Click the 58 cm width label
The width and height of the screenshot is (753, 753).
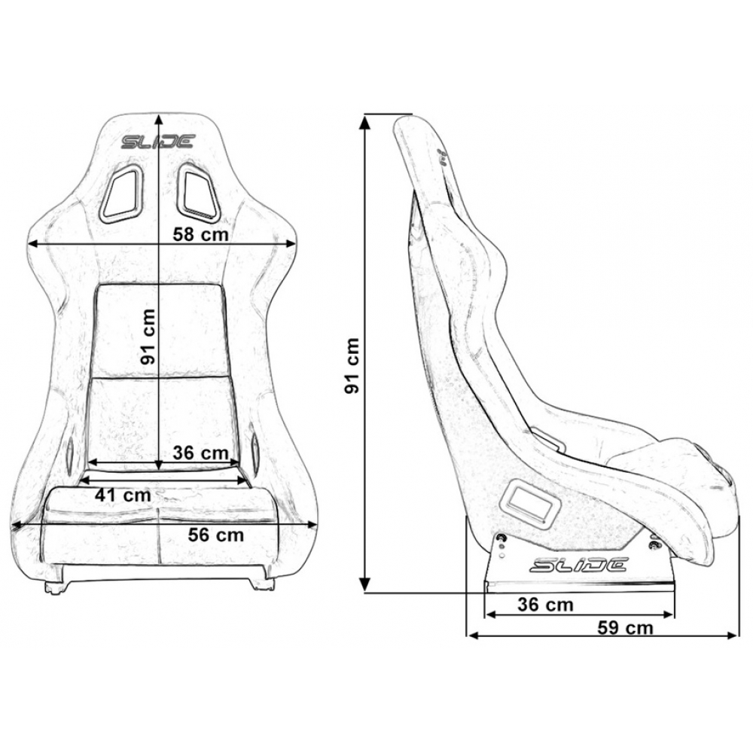pyautogui.click(x=200, y=234)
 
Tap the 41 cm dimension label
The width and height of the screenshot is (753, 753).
pyautogui.click(x=123, y=495)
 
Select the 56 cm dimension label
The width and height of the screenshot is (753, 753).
pyautogui.click(x=215, y=535)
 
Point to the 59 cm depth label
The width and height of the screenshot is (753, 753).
pyautogui.click(x=625, y=628)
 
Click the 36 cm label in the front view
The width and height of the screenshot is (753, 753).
pyautogui.click(x=200, y=453)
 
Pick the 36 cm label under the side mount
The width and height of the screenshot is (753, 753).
pyautogui.click(x=545, y=605)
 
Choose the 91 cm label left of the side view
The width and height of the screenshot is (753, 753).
pyautogui.click(x=352, y=365)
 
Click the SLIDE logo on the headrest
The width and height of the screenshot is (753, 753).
pyautogui.click(x=158, y=142)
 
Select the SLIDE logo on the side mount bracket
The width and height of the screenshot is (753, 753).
pyautogui.click(x=578, y=565)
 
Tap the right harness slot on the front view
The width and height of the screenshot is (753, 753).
pyautogui.click(x=198, y=193)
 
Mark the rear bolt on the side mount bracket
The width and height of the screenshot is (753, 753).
pyautogui.click(x=502, y=538)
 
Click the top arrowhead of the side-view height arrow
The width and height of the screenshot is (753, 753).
pyautogui.click(x=365, y=123)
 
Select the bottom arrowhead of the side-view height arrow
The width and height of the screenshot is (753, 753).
pyautogui.click(x=366, y=583)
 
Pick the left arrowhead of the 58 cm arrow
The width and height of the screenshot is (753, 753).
pyautogui.click(x=35, y=244)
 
